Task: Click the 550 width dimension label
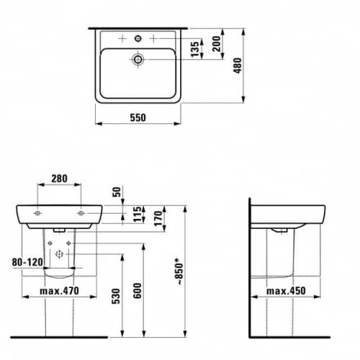click(x=138, y=117)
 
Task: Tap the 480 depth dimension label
click(x=238, y=66)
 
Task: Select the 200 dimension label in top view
click(x=216, y=44)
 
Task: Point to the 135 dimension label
click(x=195, y=49)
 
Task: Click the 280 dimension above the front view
click(x=59, y=179)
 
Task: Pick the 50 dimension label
click(x=117, y=192)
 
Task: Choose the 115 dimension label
click(x=138, y=215)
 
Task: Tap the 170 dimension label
click(x=158, y=218)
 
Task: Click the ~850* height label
click(x=179, y=271)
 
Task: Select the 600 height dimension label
click(x=138, y=291)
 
